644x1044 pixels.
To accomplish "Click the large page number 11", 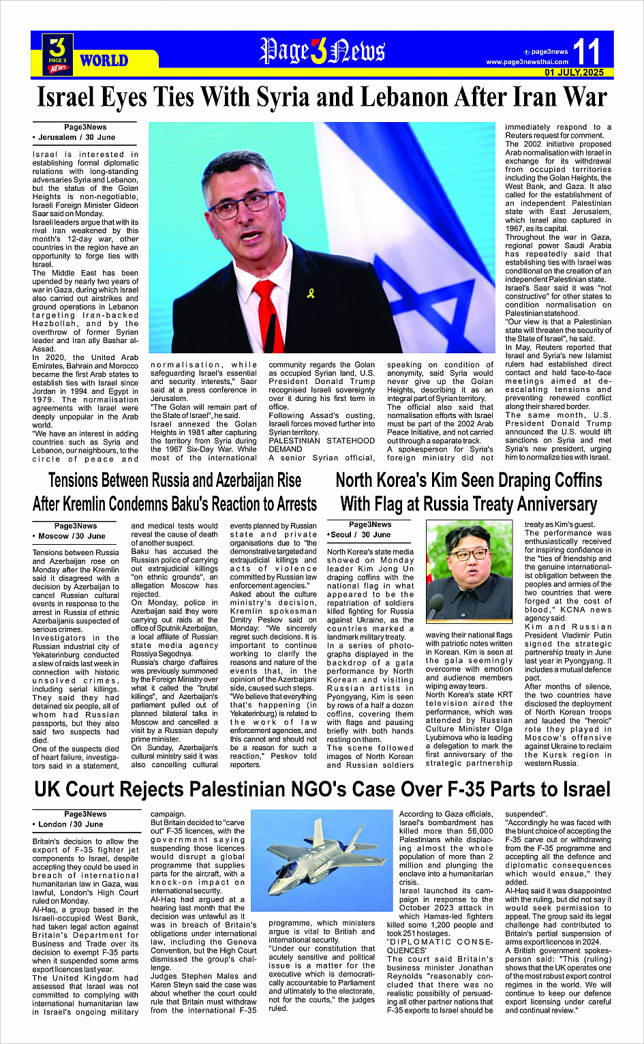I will coord(586,52).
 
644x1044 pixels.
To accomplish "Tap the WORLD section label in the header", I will coord(104,61).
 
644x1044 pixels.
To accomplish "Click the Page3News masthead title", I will coord(322,51).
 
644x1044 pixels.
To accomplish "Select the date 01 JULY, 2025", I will coord(574,72).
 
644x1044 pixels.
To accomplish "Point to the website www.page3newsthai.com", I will coord(527,62).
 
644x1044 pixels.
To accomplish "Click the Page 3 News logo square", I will coord(58,54).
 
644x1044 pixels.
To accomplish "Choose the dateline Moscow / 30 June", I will coord(72,536).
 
